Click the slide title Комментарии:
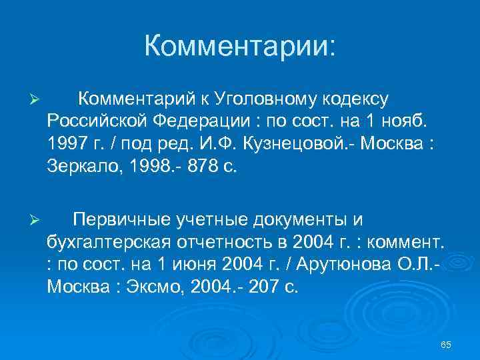[240, 47]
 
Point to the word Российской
[97, 123]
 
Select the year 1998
[155, 168]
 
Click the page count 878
[213, 168]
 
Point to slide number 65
[447, 345]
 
